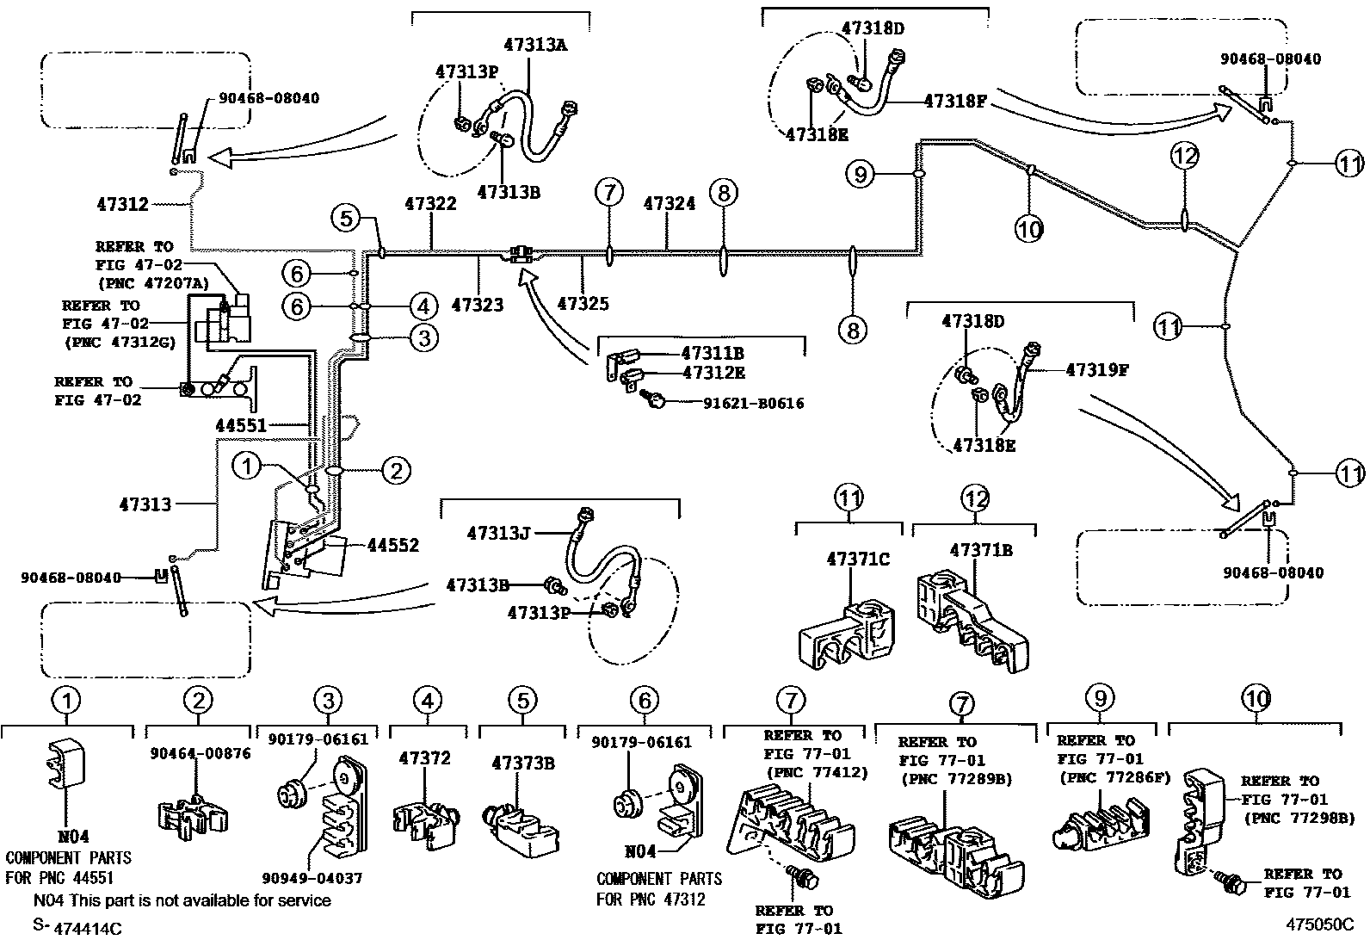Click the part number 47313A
535,46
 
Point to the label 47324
669,204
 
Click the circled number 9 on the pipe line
860,175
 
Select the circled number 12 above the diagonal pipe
1184,156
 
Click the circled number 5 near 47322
346,218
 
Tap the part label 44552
392,545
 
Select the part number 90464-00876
199,752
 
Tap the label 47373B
522,763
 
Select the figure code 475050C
1319,925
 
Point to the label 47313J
498,533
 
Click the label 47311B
712,352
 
